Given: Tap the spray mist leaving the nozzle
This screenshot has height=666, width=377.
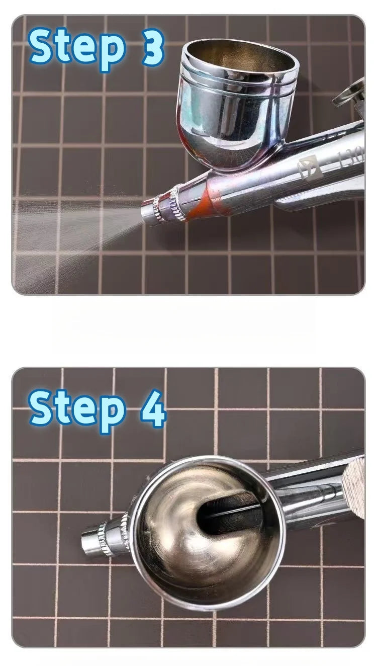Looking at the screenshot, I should (x=75, y=226).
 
